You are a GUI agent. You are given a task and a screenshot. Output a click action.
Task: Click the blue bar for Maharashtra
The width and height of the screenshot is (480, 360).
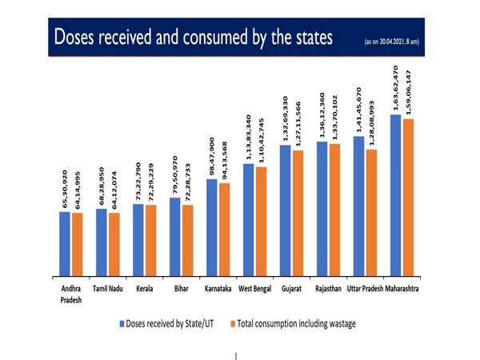[395, 196]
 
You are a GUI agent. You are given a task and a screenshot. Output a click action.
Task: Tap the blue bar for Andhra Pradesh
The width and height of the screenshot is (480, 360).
[64, 244]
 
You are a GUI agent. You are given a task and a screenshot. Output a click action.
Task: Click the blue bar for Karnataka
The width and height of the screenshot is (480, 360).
[212, 228]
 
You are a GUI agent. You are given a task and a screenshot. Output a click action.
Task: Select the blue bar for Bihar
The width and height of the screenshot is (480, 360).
[175, 237]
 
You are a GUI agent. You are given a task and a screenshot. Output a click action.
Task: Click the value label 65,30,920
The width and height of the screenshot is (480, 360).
[65, 189]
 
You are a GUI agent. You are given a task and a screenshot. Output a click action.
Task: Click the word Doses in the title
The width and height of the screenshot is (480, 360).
[77, 38]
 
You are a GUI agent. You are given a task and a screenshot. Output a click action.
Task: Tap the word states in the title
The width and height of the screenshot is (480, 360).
[307, 38]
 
